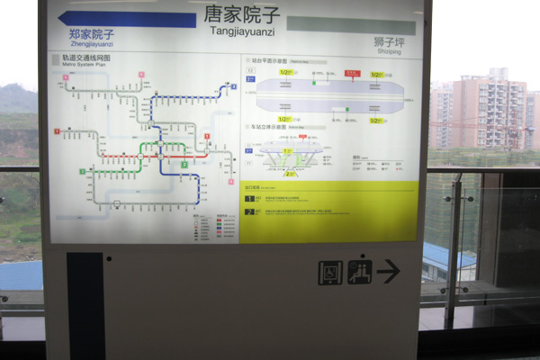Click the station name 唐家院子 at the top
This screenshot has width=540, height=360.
242,15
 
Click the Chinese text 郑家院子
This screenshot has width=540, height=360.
92,34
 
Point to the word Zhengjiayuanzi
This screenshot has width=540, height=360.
91,44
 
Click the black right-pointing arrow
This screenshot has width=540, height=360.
388,271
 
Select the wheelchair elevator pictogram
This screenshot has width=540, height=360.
330,273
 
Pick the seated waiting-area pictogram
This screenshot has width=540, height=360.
359,272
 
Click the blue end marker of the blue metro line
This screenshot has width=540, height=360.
232,86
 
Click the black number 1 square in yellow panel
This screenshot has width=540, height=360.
247,197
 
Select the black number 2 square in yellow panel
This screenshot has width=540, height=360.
247,212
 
